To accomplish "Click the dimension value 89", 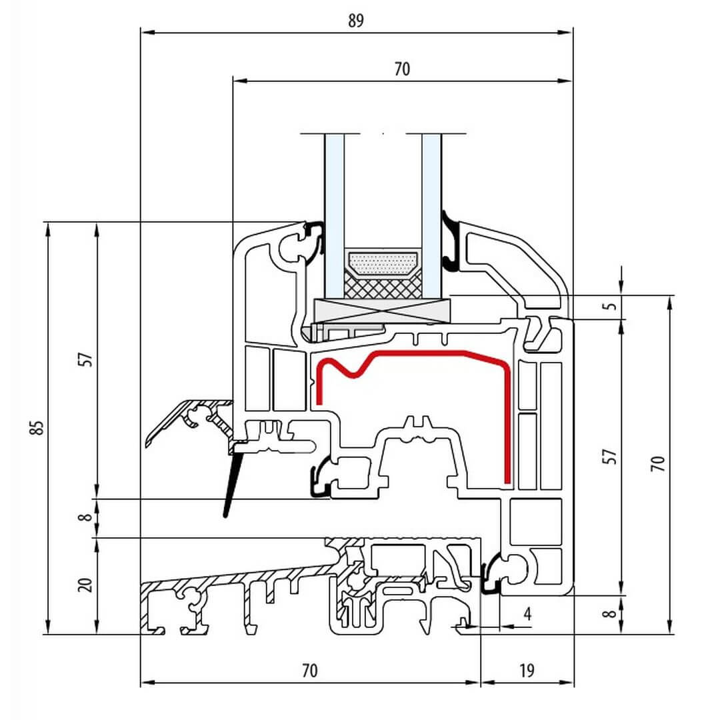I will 356,21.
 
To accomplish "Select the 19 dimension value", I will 527,670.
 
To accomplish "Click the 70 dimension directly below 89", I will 402,69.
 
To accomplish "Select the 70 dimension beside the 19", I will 309,670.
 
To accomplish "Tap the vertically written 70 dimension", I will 658,463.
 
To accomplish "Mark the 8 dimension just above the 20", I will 85,517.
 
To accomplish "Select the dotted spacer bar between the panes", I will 383,263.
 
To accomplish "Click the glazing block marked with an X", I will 382,311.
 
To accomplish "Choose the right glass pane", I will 431,213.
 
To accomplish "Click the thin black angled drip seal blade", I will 231,483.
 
